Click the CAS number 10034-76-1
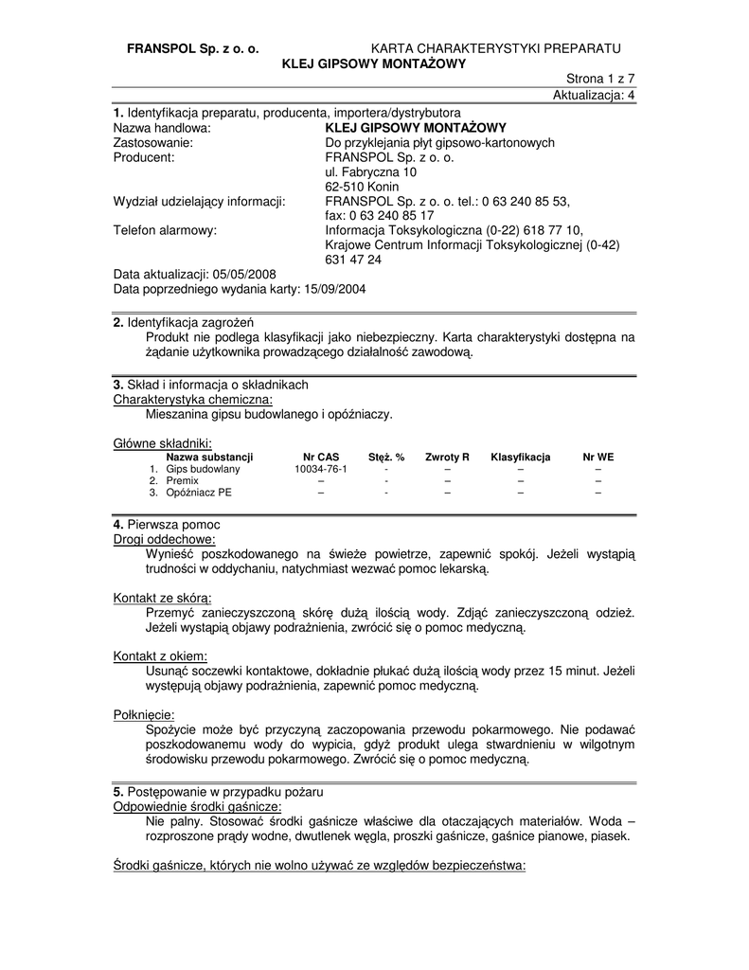pyautogui.click(x=321, y=469)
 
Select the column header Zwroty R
pyautogui.click(x=447, y=457)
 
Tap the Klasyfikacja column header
pyautogui.click(x=520, y=457)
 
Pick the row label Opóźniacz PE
pyautogui.click(x=198, y=493)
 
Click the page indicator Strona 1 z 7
pyautogui.click(x=600, y=80)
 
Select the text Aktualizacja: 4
pyautogui.click(x=594, y=95)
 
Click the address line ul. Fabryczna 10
pyautogui.click(x=370, y=172)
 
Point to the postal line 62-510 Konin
pyautogui.click(x=362, y=187)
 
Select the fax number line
pyautogui.click(x=379, y=215)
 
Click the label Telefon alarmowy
pyautogui.click(x=165, y=229)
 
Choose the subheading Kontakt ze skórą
pyautogui.click(x=162, y=598)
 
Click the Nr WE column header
pyautogui.click(x=597, y=457)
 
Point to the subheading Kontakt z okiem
pyautogui.click(x=160, y=656)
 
